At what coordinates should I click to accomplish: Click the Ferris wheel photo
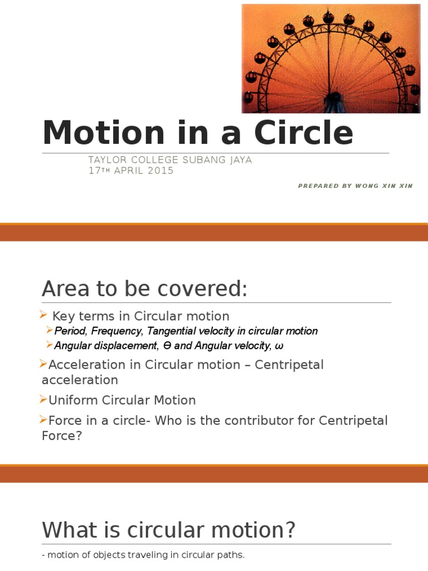click(331, 59)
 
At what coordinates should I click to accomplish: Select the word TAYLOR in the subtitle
click(106, 160)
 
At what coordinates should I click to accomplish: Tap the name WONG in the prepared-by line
click(365, 186)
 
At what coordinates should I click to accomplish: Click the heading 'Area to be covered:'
click(144, 289)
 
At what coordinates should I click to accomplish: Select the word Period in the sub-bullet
click(68, 331)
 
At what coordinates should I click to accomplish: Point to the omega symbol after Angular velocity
click(279, 346)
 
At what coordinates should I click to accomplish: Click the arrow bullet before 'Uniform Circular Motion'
click(44, 399)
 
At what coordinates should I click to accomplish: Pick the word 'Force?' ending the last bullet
click(62, 435)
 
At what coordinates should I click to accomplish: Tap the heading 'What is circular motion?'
click(168, 530)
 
